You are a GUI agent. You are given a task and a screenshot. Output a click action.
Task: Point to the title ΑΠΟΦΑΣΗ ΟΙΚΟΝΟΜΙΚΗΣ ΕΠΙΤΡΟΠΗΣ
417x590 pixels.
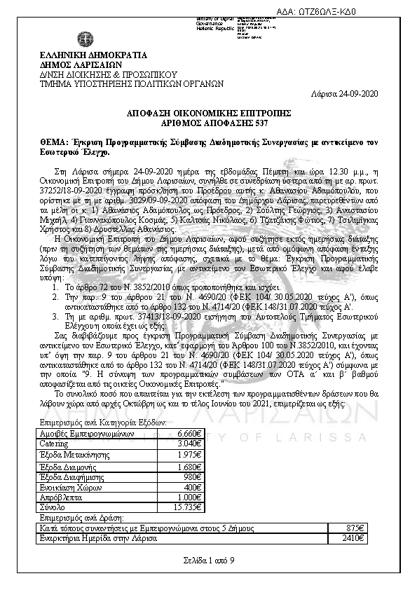(208, 112)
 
